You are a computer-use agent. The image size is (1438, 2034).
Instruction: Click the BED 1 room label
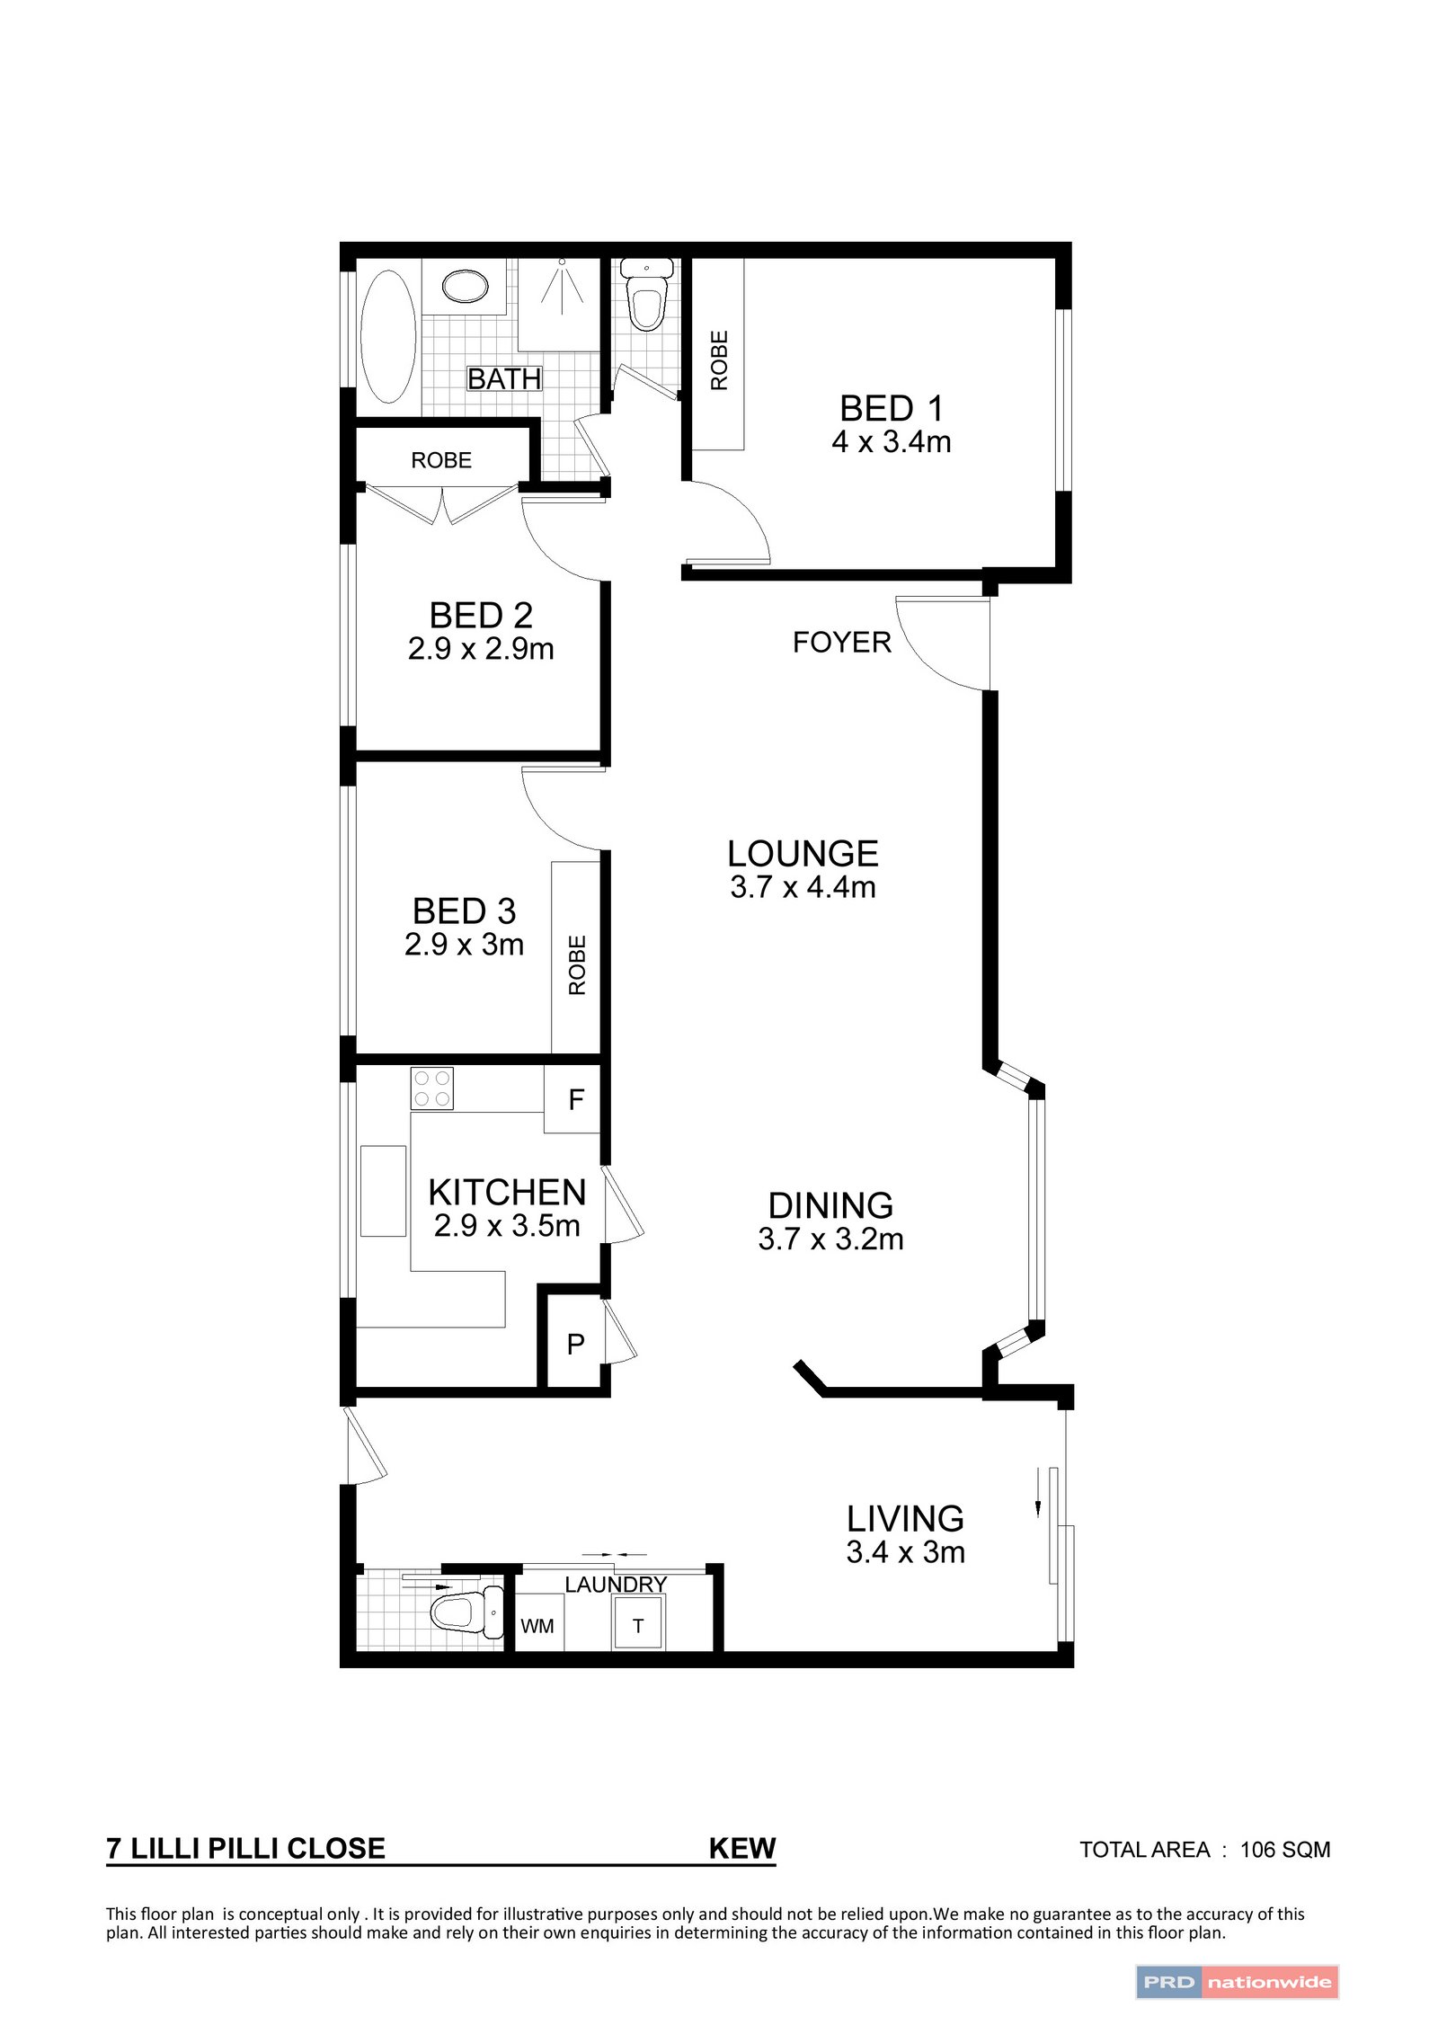click(x=891, y=409)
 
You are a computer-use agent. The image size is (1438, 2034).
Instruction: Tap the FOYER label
click(x=841, y=643)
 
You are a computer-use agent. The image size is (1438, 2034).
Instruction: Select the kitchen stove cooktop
click(x=431, y=1088)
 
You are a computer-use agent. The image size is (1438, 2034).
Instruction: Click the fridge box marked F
click(x=575, y=1099)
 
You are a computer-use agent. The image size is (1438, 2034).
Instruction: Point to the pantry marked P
click(x=575, y=1344)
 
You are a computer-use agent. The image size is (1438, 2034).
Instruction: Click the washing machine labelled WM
click(x=537, y=1626)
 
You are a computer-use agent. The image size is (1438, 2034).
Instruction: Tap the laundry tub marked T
click(x=638, y=1626)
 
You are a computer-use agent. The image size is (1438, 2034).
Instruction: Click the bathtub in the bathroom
click(x=388, y=336)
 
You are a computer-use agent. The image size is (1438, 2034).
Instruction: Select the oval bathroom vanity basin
click(x=466, y=287)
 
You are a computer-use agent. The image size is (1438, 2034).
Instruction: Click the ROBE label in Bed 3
click(x=577, y=965)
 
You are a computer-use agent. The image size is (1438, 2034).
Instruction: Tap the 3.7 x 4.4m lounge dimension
click(x=803, y=887)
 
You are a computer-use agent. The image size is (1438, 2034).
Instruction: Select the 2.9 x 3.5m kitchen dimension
click(x=507, y=1226)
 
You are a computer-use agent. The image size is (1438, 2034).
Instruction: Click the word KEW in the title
click(x=741, y=1849)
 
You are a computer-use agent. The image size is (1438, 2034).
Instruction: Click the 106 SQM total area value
click(x=1284, y=1850)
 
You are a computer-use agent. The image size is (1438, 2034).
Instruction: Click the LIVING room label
click(x=905, y=1519)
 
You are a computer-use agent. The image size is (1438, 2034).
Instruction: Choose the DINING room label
click(x=830, y=1205)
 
